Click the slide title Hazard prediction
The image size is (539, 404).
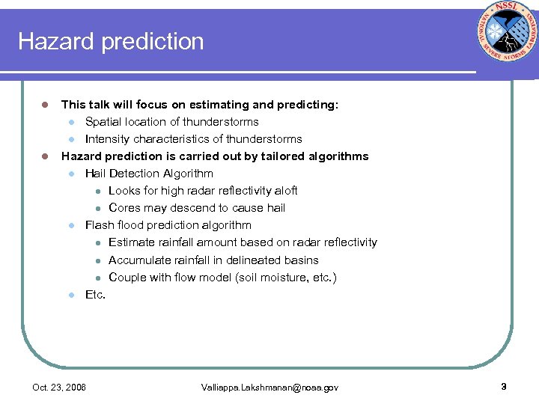click(x=111, y=41)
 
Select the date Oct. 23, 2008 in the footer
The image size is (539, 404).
click(x=59, y=388)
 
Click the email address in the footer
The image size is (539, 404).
click(x=269, y=388)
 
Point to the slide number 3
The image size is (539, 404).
click(x=504, y=387)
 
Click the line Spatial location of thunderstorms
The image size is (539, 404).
click(x=171, y=122)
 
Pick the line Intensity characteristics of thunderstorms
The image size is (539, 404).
click(x=193, y=139)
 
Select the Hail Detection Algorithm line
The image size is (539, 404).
click(x=149, y=174)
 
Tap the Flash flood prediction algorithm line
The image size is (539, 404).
click(x=168, y=225)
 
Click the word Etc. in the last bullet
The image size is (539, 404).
click(x=95, y=295)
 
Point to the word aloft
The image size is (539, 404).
click(x=284, y=191)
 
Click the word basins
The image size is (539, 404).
click(x=302, y=260)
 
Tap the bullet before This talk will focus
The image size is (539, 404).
click(x=45, y=105)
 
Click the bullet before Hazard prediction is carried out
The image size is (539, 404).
click(x=45, y=156)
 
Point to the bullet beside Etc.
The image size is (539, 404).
click(x=72, y=295)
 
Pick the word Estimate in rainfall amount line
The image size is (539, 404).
click(x=130, y=242)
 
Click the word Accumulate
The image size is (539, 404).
click(x=138, y=260)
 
